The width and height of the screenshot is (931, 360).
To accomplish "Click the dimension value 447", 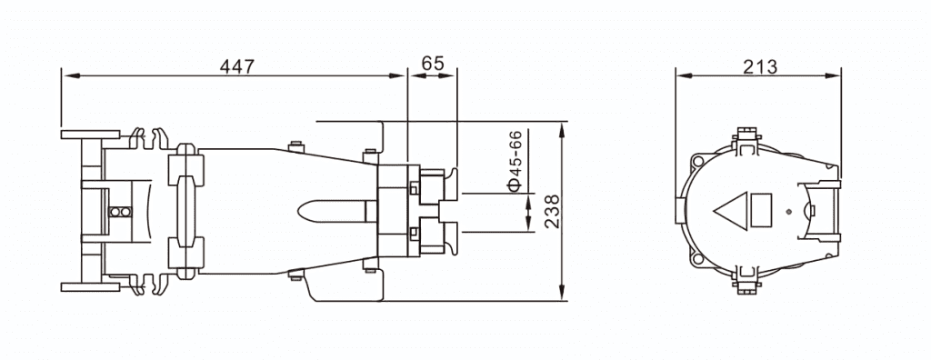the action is [x=236, y=66].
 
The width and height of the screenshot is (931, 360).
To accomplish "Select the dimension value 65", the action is [x=432, y=63].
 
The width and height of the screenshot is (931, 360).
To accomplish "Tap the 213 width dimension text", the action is [x=760, y=67].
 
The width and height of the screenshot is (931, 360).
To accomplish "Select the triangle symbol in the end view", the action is [x=731, y=211].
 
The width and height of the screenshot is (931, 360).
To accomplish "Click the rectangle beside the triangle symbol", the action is [x=761, y=210].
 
